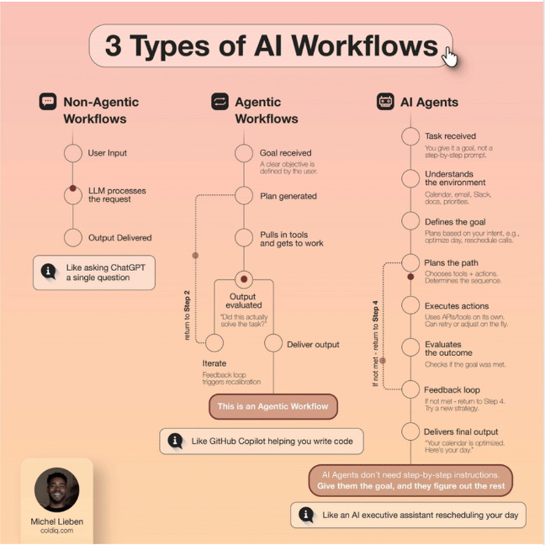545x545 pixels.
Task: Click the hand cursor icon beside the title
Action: [x=450, y=56]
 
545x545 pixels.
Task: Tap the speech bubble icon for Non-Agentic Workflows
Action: [x=48, y=102]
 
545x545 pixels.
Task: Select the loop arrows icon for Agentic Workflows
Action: [x=219, y=102]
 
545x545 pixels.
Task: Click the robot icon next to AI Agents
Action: [x=386, y=102]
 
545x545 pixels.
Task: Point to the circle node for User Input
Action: [x=73, y=154]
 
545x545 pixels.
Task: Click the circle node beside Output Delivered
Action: [x=73, y=238]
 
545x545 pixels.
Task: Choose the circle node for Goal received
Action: [x=244, y=153]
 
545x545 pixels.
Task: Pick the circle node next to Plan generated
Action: [x=244, y=196]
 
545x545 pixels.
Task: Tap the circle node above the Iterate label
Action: [x=214, y=343]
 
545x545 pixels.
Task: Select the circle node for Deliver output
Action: [x=273, y=343]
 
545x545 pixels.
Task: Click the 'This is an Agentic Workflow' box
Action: [x=273, y=407]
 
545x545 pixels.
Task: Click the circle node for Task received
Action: [x=410, y=136]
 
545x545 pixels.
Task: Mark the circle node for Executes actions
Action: [x=410, y=306]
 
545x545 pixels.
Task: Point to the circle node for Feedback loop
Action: [x=410, y=390]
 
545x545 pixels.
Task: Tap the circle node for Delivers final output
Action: [x=410, y=432]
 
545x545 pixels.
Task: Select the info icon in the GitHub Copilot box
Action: [x=176, y=441]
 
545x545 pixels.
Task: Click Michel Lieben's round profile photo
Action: [x=56, y=489]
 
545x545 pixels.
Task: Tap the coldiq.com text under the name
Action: [x=56, y=531]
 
